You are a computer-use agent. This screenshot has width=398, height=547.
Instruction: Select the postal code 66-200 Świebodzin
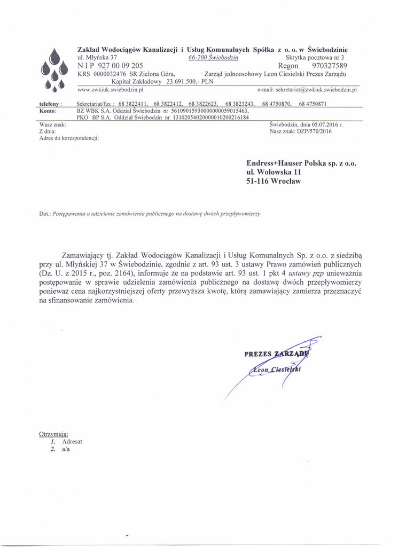213,57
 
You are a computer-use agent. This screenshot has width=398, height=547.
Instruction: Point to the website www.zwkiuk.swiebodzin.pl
111,90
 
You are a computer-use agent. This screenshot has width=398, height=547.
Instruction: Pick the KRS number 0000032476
110,74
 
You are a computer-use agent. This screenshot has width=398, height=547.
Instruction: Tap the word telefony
51,103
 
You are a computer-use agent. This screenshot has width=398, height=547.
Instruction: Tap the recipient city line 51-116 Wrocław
274,181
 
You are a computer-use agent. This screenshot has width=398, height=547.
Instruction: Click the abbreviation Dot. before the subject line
45,214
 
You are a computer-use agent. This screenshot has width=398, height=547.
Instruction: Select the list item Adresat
72,442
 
